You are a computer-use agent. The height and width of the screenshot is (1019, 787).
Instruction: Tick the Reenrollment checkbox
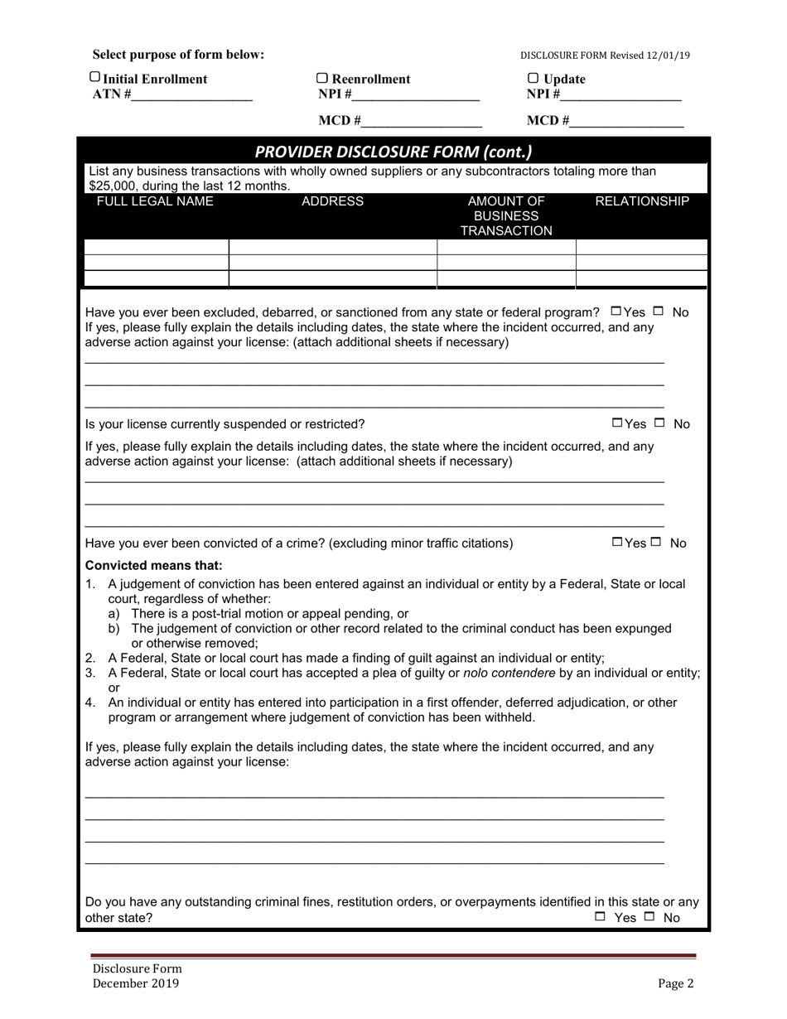pyautogui.click(x=323, y=78)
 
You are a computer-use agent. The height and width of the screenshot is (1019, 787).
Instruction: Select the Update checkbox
pyautogui.click(x=533, y=78)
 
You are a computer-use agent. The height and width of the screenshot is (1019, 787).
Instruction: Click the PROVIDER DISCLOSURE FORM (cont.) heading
pyautogui.click(x=393, y=152)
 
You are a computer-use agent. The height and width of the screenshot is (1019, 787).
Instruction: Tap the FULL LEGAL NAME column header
pyautogui.click(x=155, y=201)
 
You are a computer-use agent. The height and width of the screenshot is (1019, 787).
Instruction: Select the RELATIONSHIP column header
pyautogui.click(x=642, y=201)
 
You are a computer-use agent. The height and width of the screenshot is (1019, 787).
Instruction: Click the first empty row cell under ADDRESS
pyautogui.click(x=332, y=247)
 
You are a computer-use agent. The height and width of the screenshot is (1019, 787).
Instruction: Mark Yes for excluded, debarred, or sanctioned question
pyautogui.click(x=616, y=312)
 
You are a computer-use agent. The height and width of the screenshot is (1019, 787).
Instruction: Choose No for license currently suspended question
pyautogui.click(x=659, y=423)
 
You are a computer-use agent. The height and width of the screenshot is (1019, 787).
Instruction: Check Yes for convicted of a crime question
pyautogui.click(x=617, y=543)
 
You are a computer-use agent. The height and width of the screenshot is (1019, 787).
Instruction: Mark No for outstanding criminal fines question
pyautogui.click(x=649, y=917)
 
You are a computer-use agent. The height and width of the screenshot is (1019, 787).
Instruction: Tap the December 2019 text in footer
pyautogui.click(x=135, y=983)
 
